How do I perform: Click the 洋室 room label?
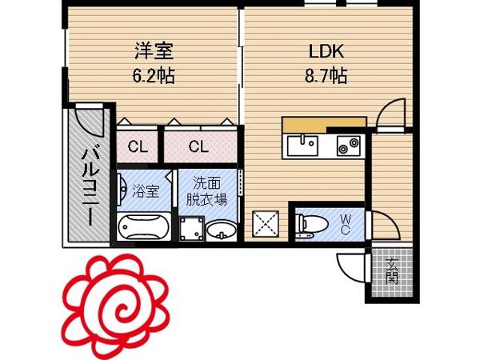tap(154, 51)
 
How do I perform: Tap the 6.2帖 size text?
tap(154, 76)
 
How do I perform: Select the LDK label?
tap(326, 51)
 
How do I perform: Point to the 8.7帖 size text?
tap(326, 76)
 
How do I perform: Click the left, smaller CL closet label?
tap(138, 147)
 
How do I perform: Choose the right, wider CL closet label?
tap(198, 146)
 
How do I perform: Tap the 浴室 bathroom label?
tap(146, 191)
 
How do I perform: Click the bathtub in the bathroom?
tap(143, 227)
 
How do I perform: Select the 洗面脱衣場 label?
tap(207, 191)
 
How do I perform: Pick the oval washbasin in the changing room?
tap(222, 230)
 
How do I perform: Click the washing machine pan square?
tap(192, 229)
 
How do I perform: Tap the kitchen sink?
tap(302, 146)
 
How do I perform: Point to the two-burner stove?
tap(349, 146)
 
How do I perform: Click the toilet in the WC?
tap(311, 224)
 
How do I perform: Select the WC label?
tap(346, 224)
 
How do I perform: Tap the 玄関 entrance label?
tap(392, 271)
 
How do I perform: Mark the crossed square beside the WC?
tap(266, 224)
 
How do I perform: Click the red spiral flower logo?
tap(116, 306)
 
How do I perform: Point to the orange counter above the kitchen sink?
tap(324, 123)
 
